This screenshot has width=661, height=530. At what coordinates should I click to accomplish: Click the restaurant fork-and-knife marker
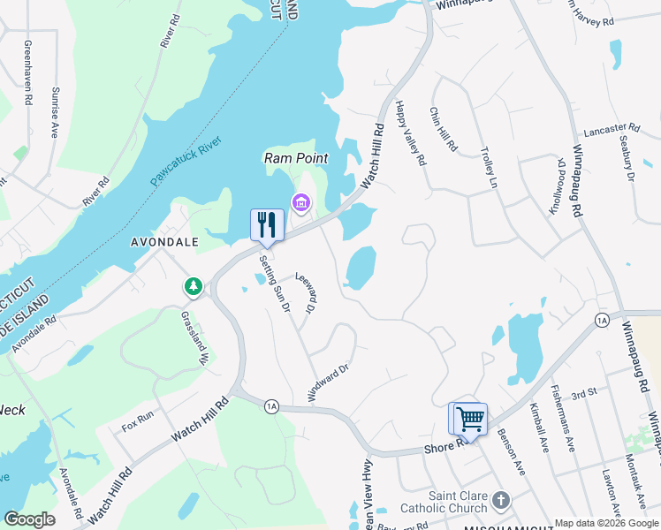click(x=267, y=224)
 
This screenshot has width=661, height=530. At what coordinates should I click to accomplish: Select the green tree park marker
click(x=193, y=286)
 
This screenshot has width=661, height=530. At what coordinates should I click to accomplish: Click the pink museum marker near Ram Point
click(x=300, y=205)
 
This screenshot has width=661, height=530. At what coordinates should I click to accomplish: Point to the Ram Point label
click(x=296, y=158)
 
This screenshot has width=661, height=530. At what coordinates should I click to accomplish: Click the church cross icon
click(x=500, y=501)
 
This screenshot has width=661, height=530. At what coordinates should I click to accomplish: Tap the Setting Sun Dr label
click(x=275, y=284)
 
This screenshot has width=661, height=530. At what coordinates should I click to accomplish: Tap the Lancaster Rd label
click(x=611, y=128)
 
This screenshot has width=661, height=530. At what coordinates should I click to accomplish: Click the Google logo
click(x=30, y=519)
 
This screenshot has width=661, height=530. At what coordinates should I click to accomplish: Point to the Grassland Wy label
click(x=194, y=337)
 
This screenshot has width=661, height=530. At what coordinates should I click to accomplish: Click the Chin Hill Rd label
click(x=443, y=129)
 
